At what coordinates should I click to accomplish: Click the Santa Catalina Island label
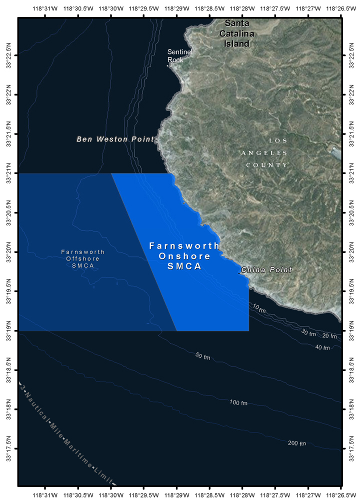tap(239, 33)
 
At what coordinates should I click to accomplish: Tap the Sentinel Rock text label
tap(179, 55)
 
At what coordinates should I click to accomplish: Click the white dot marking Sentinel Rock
tap(167, 65)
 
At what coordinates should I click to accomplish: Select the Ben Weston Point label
tap(115, 139)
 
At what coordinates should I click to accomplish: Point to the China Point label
tap(266, 270)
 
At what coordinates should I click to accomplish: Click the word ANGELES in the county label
tap(264, 153)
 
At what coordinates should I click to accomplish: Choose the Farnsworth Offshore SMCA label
tap(83, 258)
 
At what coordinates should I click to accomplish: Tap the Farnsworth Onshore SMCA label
tap(184, 256)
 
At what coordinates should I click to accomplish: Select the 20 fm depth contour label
tap(329, 335)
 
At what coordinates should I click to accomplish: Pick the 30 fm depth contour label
tap(308, 333)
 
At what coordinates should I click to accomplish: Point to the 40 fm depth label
tap(322, 347)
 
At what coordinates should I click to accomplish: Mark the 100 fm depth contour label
tap(238, 403)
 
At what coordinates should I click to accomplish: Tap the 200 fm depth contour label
tap(296, 443)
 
